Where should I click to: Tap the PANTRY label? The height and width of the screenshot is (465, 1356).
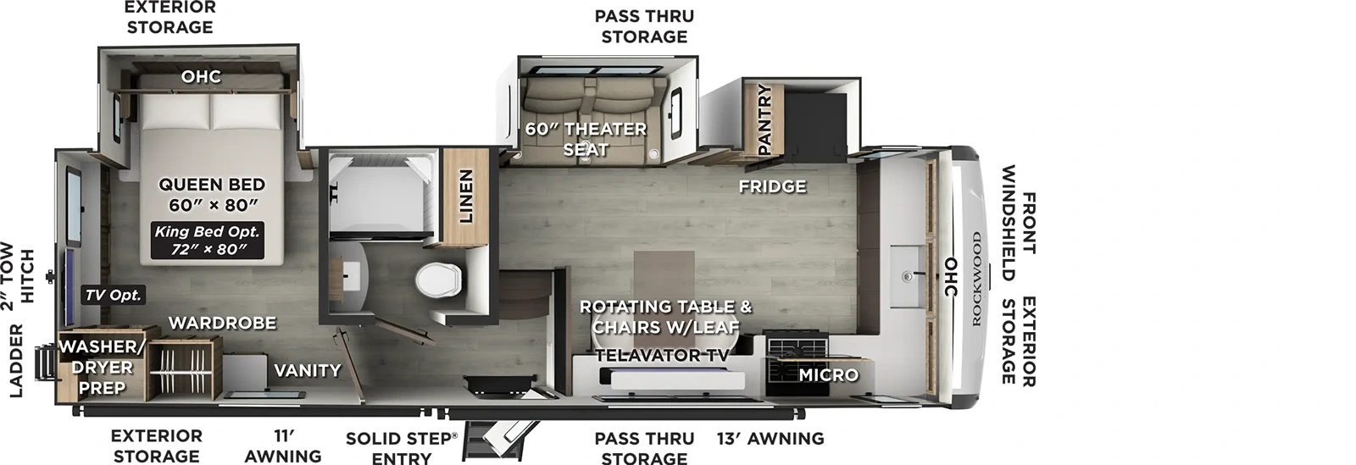point(764,119)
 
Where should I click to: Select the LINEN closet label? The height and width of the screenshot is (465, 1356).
point(465,197)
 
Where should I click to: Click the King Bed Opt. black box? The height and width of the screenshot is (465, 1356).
point(207,241)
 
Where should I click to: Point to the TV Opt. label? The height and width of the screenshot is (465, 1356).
point(113,296)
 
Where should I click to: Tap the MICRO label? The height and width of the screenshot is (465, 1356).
point(828,374)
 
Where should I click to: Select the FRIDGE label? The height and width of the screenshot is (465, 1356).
point(772,186)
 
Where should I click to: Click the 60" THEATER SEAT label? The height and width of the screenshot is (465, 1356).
point(586,139)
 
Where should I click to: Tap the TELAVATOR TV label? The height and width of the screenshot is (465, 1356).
point(661,356)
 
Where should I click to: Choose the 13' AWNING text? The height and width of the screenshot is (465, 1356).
point(770,438)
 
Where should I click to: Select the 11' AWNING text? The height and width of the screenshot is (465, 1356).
point(283,446)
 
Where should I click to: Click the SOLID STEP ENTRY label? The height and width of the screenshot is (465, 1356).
point(401,448)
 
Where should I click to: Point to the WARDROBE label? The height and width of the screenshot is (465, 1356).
point(222,323)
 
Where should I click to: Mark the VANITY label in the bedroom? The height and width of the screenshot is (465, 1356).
point(307,370)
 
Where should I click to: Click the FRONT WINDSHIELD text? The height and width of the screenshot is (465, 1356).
point(1018,224)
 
